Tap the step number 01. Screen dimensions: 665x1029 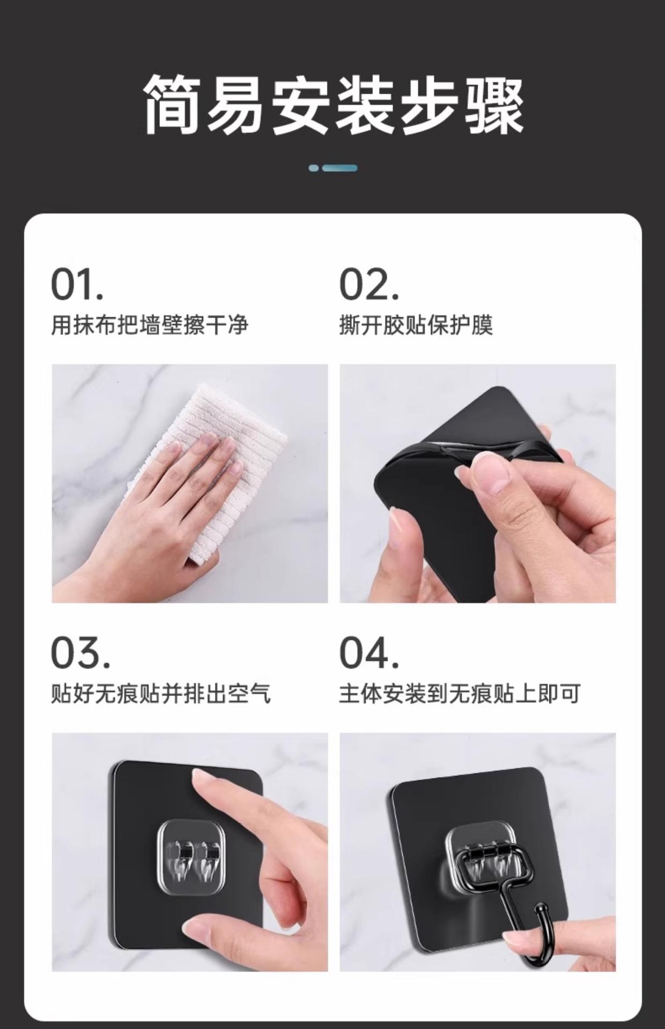tap(77, 285)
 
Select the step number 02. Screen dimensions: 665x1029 tap(370, 285)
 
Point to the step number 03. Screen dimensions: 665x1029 tap(80, 653)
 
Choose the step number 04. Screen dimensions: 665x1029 tap(370, 653)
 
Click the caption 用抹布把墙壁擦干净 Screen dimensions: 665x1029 tap(150, 325)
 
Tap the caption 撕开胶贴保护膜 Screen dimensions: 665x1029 tap(416, 325)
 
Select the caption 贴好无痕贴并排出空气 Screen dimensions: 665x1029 tap(161, 694)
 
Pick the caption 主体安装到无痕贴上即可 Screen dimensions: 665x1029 tap(460, 694)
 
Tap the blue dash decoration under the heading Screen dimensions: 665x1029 tap(333, 168)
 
